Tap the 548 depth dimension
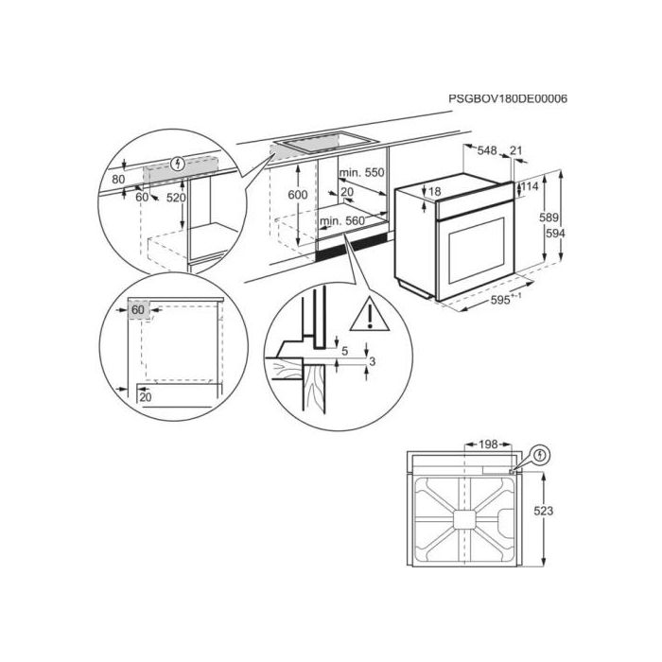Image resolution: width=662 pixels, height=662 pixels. coord(487,150)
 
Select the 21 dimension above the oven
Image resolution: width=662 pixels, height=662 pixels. coord(516,150)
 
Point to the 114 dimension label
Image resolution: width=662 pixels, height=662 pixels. coord(530,186)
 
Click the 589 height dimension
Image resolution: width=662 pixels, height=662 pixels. coord(549,218)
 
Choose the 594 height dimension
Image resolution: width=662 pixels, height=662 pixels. coord(555,233)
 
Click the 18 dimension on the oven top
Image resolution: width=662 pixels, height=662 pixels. coord(435,192)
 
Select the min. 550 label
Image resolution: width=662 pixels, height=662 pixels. coord(362,172)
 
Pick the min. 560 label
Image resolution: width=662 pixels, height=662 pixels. coord(342,220)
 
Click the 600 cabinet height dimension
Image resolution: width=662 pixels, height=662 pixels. coord(298,195)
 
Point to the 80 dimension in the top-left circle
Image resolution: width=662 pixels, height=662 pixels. coord(118,179)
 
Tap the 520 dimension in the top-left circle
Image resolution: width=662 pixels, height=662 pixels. coord(176,197)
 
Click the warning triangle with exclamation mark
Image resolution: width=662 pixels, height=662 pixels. coord(369,315)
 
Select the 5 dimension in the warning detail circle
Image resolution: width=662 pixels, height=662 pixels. coord(344,351)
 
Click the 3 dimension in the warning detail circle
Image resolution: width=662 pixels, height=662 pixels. coord(372,361)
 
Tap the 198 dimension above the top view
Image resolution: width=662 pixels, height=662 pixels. coord(488,444)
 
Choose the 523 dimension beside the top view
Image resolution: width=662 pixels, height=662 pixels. coord(544,511)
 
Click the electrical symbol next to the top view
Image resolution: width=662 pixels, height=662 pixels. coord(540,455)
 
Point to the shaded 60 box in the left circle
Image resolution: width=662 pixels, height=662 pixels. coord(138,310)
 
